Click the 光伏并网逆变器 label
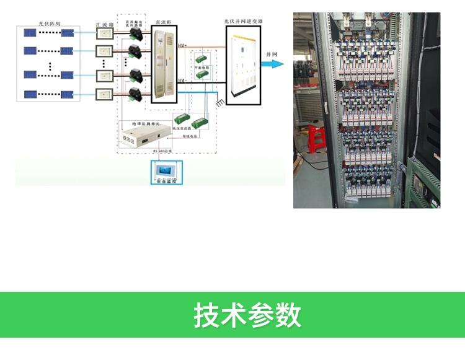(x=243, y=20)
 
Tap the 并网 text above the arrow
(x=271, y=55)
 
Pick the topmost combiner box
(x=105, y=34)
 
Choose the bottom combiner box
(x=105, y=94)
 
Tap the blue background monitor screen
(x=166, y=170)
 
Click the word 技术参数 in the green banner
(x=247, y=315)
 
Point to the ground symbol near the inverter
(x=219, y=102)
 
